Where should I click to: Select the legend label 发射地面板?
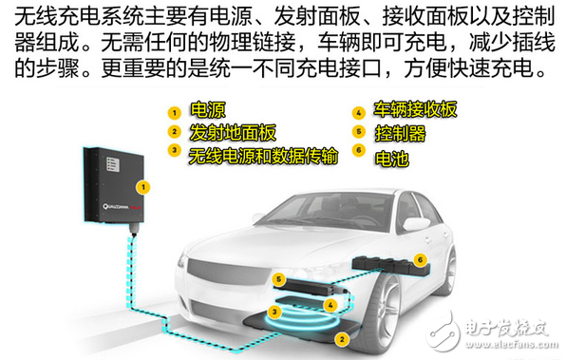click(x=226, y=131)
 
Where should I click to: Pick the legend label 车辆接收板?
click(x=417, y=109)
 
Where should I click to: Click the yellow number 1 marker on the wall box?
click(x=142, y=188)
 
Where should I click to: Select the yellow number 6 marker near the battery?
click(x=421, y=257)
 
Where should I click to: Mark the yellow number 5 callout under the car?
click(x=278, y=278)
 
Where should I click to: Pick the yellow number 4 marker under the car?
click(x=330, y=305)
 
